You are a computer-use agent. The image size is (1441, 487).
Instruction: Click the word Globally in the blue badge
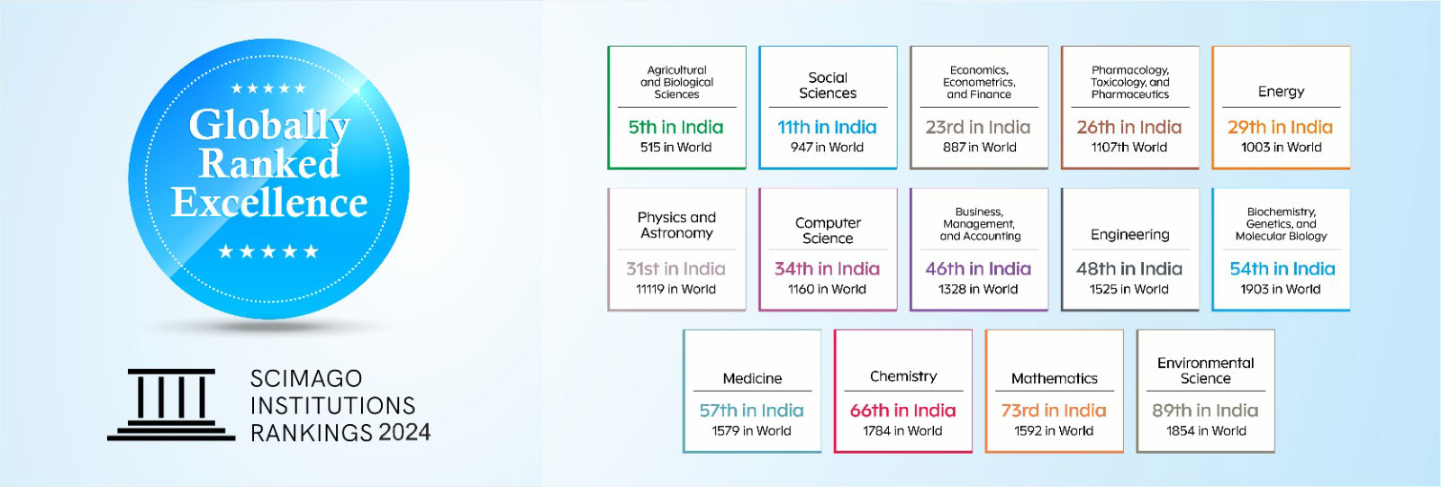click(x=269, y=125)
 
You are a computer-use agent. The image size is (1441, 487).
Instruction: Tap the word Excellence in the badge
click(x=269, y=203)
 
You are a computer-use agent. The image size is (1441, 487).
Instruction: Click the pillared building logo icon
click(x=171, y=405)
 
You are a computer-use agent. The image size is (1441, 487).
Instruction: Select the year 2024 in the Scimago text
click(x=404, y=432)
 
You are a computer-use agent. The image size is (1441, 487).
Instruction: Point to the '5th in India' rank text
click(x=676, y=128)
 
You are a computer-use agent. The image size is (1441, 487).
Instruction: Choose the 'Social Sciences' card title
click(x=828, y=86)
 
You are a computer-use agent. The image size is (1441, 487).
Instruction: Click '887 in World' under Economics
click(x=980, y=148)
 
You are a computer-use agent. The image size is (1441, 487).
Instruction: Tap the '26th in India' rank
click(x=1129, y=128)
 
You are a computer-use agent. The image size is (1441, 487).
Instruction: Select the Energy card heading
click(x=1282, y=92)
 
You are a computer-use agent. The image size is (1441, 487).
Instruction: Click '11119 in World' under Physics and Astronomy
click(x=676, y=290)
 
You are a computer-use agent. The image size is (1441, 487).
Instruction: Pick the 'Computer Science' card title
click(x=828, y=230)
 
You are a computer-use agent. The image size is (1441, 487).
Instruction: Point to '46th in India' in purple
click(x=978, y=269)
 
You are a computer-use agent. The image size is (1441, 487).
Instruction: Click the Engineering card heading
click(x=1130, y=235)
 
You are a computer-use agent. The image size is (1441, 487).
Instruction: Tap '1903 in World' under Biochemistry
click(x=1281, y=290)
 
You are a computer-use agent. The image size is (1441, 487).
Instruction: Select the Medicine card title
click(x=753, y=378)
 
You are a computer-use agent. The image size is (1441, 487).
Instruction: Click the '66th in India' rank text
click(x=903, y=410)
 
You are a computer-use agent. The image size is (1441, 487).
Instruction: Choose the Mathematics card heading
click(x=1055, y=378)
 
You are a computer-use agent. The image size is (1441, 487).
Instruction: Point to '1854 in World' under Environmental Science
click(x=1206, y=431)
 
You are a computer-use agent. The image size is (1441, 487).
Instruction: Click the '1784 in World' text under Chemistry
click(x=902, y=431)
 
